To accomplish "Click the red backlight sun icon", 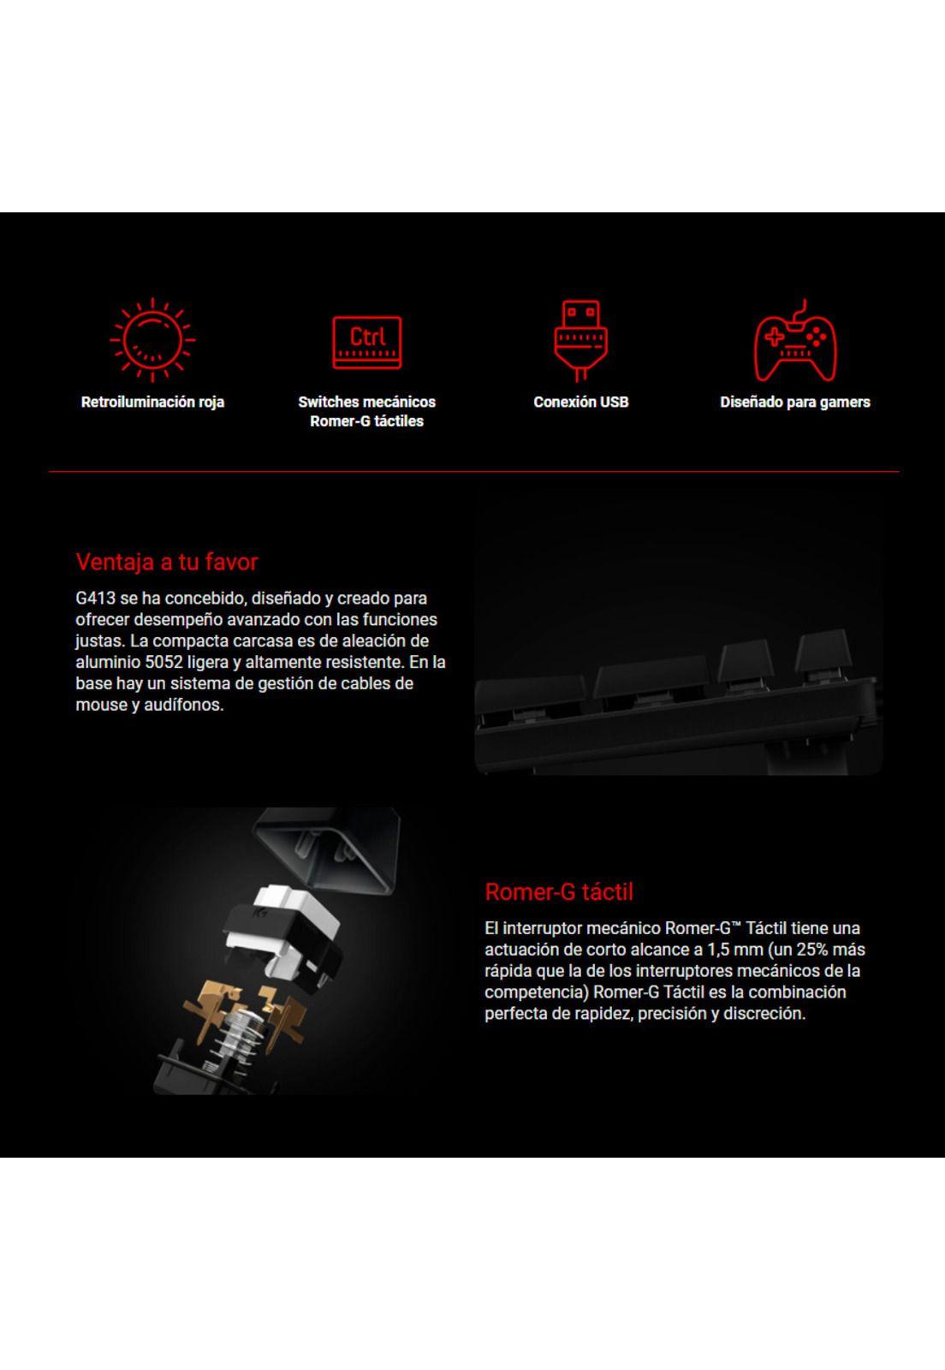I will click(152, 339).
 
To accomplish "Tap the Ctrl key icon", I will click(366, 341).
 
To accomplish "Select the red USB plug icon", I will click(580, 338).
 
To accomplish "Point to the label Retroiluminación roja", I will click(152, 402).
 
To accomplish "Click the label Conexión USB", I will click(580, 402).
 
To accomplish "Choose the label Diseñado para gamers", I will click(794, 402).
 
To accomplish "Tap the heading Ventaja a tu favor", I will click(167, 562).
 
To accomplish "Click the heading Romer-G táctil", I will click(559, 892).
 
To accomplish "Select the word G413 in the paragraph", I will click(95, 599).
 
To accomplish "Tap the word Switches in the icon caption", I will click(330, 402).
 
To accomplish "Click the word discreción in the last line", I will click(763, 1014).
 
